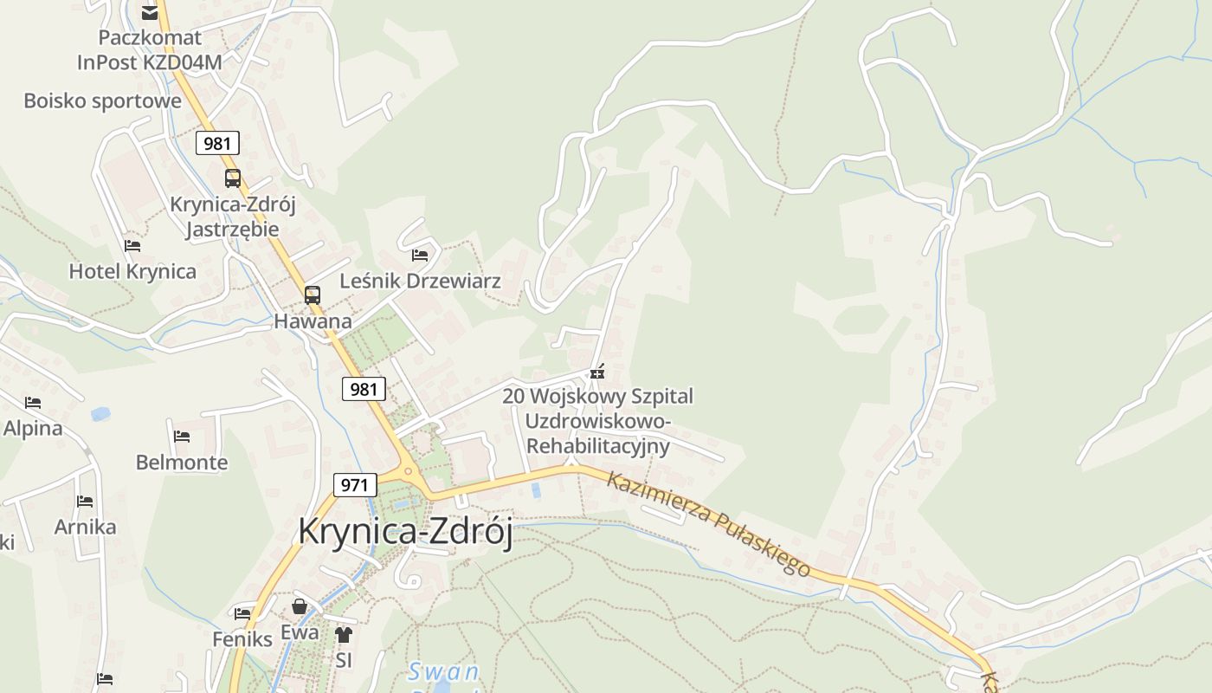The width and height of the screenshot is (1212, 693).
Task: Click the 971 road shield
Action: coord(355,485)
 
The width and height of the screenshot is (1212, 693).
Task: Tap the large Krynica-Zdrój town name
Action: coord(405,531)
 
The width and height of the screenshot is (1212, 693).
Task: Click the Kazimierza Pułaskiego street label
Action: coord(708,523)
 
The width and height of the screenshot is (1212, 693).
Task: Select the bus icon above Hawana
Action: coord(313,295)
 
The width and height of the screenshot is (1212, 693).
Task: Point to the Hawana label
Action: coord(313,321)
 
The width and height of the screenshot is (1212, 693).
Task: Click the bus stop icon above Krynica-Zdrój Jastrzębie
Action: coord(233,178)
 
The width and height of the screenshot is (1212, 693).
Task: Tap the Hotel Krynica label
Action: coord(132,271)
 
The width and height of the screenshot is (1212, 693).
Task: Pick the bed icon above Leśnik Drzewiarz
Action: coord(420,255)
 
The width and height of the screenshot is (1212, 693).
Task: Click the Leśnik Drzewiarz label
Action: coord(420,282)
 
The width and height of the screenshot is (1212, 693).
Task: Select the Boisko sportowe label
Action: coord(102,100)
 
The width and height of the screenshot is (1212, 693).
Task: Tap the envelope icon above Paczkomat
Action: coord(150,12)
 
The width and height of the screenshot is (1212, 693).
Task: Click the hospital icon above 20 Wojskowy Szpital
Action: coord(596,372)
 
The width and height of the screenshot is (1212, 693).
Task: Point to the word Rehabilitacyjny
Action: coord(598,447)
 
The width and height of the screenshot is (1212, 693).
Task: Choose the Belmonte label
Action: coord(182,463)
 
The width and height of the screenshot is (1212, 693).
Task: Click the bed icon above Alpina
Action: coord(33,402)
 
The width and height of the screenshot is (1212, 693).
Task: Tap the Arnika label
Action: coord(85,527)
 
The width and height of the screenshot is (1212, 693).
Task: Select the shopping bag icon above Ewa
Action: coord(300,606)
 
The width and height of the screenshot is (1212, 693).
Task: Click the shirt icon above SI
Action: coord(344,635)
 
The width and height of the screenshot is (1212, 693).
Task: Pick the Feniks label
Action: coord(242,639)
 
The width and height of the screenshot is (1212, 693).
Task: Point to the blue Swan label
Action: coord(443,671)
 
